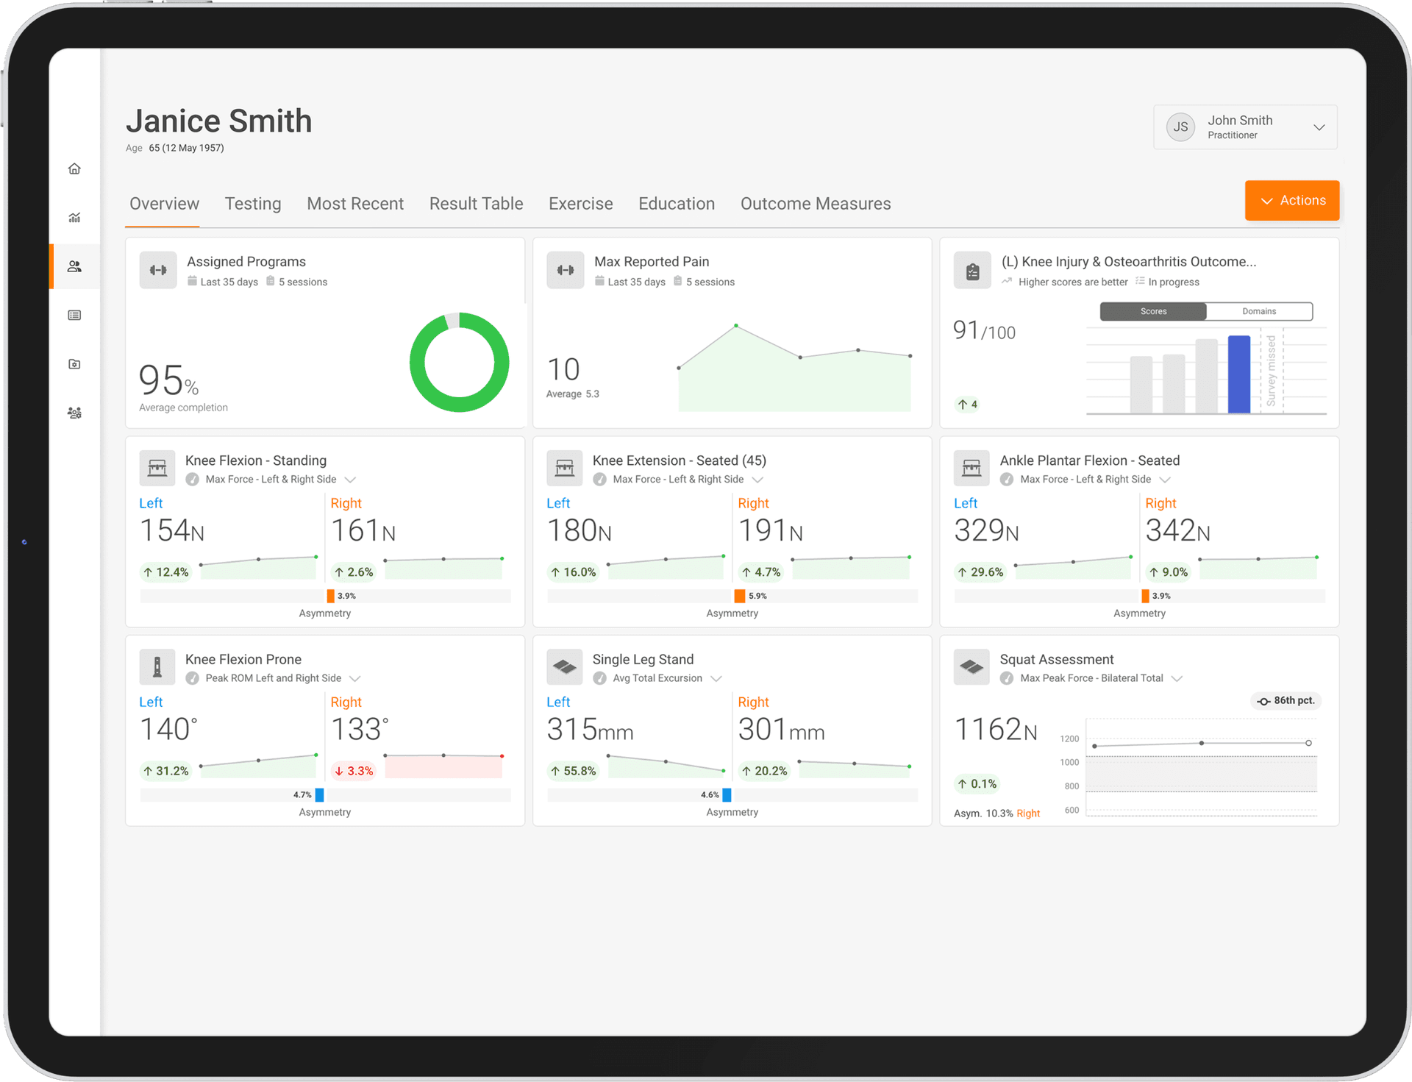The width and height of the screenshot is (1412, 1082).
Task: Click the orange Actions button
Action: pyautogui.click(x=1291, y=200)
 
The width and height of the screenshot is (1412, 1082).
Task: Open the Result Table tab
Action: pyautogui.click(x=476, y=204)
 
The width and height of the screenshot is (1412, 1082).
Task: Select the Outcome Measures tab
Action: pyautogui.click(x=815, y=204)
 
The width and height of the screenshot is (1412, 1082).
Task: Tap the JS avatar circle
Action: pyautogui.click(x=1180, y=127)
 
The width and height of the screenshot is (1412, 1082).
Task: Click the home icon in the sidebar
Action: pyautogui.click(x=74, y=168)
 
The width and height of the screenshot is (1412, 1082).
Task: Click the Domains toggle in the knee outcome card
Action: pyautogui.click(x=1259, y=311)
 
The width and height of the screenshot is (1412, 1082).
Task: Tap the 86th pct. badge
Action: pyautogui.click(x=1286, y=700)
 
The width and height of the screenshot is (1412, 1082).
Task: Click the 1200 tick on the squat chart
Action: pyautogui.click(x=1069, y=738)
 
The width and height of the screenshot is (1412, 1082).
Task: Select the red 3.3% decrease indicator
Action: pyautogui.click(x=354, y=771)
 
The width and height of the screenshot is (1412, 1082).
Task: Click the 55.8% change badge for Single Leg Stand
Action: pyautogui.click(x=574, y=771)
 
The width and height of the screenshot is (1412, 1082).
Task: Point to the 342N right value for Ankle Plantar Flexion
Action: pyautogui.click(x=1177, y=530)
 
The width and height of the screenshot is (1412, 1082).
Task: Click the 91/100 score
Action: pyautogui.click(x=984, y=331)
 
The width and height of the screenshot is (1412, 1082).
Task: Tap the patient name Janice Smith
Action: pyautogui.click(x=219, y=121)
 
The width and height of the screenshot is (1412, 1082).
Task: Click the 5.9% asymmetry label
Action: pyautogui.click(x=757, y=596)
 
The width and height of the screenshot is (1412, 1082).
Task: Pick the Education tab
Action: pyautogui.click(x=676, y=204)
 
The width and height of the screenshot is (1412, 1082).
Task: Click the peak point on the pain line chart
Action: pyautogui.click(x=735, y=325)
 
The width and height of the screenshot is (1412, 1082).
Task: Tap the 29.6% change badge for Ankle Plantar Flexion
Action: pyautogui.click(x=980, y=572)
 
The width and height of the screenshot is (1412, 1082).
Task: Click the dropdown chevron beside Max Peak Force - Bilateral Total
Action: pyautogui.click(x=1177, y=678)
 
